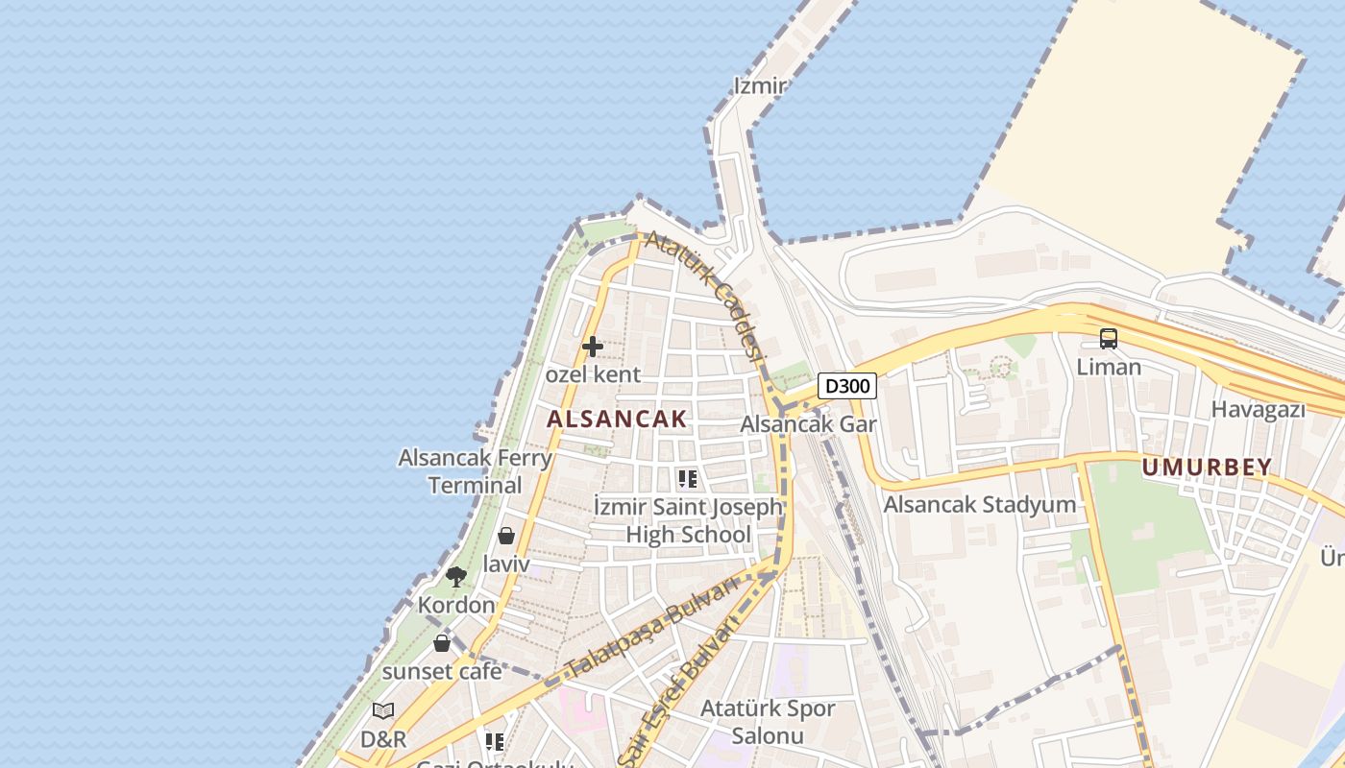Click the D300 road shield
[x=847, y=386]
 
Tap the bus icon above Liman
[x=1109, y=338]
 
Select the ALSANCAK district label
[x=617, y=419]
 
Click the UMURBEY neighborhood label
[x=1207, y=468]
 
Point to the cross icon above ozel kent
[x=593, y=347]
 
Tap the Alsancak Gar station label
[x=808, y=424]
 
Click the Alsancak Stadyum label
[x=979, y=504]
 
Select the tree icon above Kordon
[x=456, y=577]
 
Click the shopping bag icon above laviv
[x=506, y=536]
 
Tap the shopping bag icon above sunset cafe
[x=442, y=643]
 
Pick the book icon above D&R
[x=383, y=711]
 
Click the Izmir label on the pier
[x=760, y=85]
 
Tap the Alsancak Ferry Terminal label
[x=476, y=471]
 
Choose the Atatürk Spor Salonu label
[x=768, y=722]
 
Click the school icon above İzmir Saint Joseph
[x=687, y=478]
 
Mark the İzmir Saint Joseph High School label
[x=688, y=520]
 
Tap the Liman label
[x=1109, y=367]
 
